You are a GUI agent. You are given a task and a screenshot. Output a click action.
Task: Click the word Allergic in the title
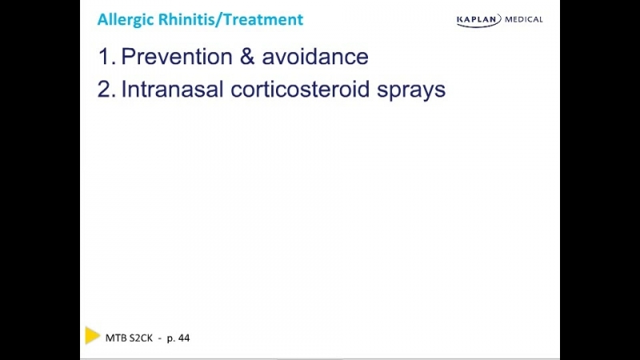coord(126,20)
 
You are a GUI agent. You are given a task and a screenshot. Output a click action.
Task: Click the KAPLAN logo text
coord(478,19)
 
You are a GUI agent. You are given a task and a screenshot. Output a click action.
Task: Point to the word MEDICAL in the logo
coord(524,19)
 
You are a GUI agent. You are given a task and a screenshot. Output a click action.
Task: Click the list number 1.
coord(106,56)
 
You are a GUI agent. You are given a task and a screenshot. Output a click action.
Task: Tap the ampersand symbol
coord(247,56)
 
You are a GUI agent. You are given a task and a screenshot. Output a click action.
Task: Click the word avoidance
coord(315,56)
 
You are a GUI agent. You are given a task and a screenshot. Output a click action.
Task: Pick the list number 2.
coord(106,90)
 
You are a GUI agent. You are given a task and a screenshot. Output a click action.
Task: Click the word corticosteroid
coord(300,90)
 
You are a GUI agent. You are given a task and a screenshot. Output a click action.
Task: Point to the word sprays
coord(411,91)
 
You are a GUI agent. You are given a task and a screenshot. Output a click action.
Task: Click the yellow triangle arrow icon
coord(92,335)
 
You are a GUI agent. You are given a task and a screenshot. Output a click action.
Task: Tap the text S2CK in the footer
coord(141,338)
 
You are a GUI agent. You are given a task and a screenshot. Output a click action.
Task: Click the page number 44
coord(184,338)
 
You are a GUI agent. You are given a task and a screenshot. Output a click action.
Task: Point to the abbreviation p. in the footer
coord(171,338)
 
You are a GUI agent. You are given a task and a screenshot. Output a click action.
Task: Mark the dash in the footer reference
coord(160,338)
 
